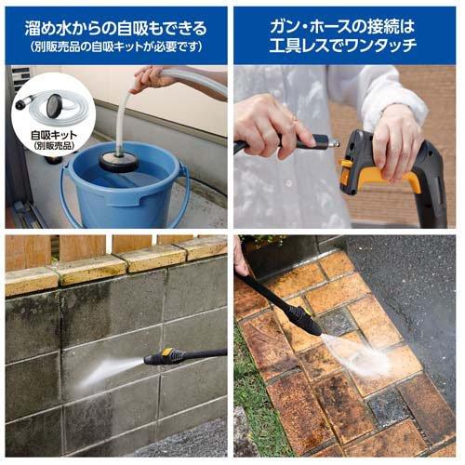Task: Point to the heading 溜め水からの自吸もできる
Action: (115, 26)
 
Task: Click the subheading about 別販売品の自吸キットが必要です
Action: (115, 46)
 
